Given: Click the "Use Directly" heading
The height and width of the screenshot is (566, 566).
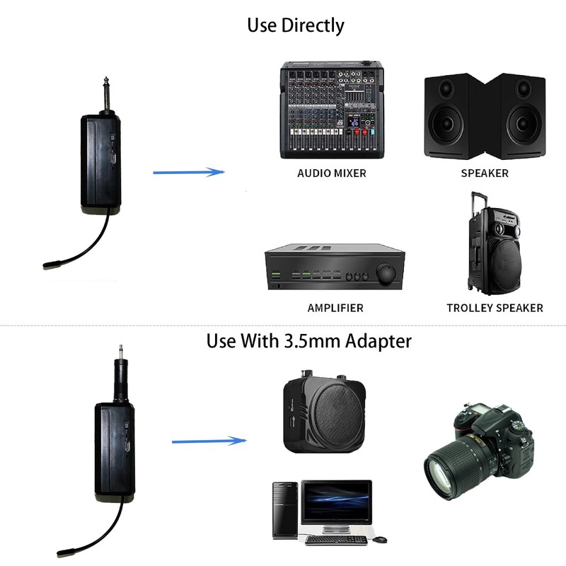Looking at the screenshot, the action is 295,26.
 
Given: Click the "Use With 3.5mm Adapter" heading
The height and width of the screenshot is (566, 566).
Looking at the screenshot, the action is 308,341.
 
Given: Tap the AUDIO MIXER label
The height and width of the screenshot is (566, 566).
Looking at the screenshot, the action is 332,173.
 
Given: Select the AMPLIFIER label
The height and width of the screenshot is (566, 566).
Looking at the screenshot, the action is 335,308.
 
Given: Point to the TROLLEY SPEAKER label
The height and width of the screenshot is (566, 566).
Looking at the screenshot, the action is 495,308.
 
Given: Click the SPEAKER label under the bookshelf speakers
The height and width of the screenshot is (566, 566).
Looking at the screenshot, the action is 485,173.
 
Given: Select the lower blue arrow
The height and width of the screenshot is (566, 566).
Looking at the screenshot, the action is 209,441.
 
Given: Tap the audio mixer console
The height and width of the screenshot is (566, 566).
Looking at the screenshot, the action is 331,111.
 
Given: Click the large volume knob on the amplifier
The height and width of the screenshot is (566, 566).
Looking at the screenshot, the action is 387,275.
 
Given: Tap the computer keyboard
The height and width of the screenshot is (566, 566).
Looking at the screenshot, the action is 336,540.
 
